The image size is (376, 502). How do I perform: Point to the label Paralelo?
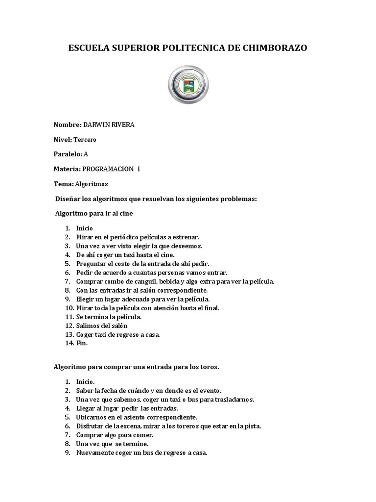pos(68,154)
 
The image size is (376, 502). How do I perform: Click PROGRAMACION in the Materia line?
pos(108,169)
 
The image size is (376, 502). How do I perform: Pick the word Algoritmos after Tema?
pos(91,184)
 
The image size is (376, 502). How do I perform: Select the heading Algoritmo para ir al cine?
pos(94,214)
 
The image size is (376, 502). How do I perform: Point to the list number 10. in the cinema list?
pos(69,308)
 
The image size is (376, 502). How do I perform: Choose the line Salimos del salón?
pos(102,326)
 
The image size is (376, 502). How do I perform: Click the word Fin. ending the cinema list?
pos(82,343)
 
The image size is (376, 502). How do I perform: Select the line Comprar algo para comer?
pos(115,435)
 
